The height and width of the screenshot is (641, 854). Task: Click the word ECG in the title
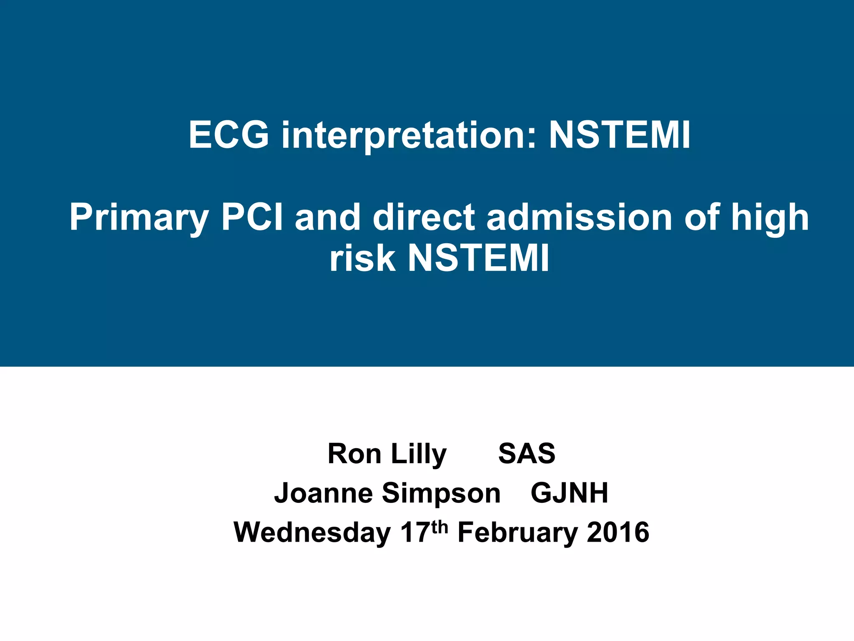229,135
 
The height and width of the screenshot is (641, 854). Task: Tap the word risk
362,258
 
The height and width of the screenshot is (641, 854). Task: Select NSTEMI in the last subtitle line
478,258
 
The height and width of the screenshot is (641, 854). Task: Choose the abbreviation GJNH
569,493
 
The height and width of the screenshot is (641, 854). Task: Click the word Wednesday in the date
312,533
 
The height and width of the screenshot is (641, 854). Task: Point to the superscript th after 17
440,527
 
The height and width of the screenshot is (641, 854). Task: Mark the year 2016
618,533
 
